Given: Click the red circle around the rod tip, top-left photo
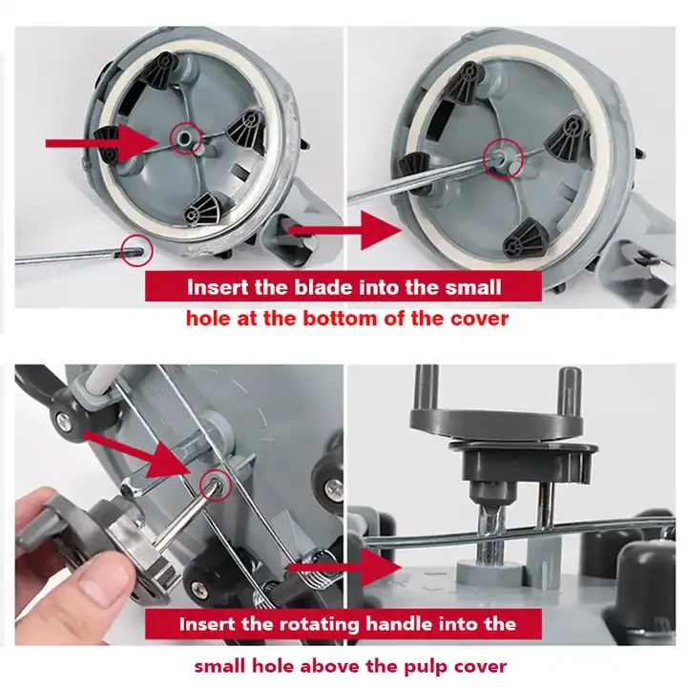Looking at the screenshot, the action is tap(137, 251).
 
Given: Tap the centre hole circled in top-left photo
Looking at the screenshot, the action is tap(186, 138).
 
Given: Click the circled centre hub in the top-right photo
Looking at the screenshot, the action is tap(504, 158).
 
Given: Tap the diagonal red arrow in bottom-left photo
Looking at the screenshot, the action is tap(140, 454).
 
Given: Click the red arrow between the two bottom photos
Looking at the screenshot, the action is tap(344, 568).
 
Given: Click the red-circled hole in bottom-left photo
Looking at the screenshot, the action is tap(215, 485).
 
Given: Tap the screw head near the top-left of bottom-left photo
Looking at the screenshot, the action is tap(65, 422).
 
